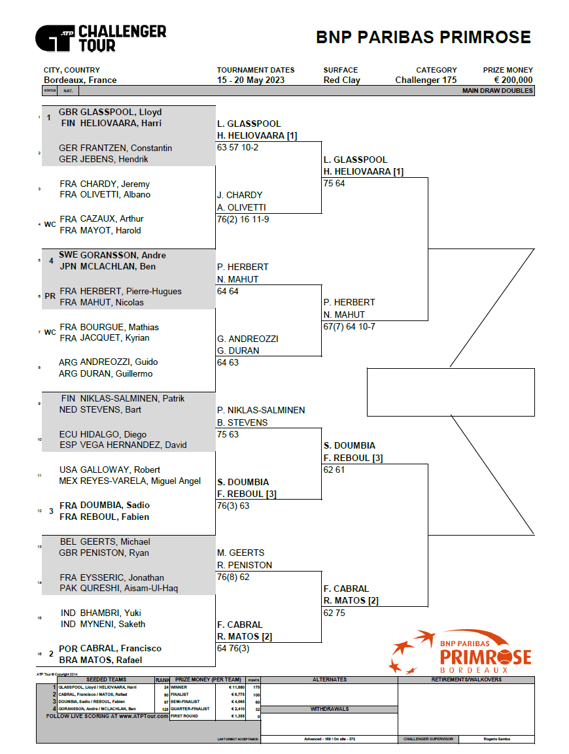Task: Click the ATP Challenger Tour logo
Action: tap(101, 38)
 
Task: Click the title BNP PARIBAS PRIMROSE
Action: tap(423, 37)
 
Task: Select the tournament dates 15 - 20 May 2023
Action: tap(250, 80)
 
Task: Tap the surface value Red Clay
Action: tap(341, 80)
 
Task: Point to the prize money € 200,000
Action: tap(513, 80)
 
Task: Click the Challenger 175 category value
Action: tap(426, 80)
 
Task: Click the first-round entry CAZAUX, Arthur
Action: tap(111, 219)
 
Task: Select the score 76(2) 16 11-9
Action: tap(243, 220)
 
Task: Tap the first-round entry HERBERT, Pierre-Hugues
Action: tap(130, 291)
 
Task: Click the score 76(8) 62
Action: tap(233, 577)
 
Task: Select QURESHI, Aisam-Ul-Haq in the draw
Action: tap(129, 589)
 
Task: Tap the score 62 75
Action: tap(334, 613)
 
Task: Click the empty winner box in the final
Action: tap(451, 392)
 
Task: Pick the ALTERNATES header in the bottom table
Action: tap(329, 680)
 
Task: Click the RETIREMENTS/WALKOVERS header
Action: tap(466, 680)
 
